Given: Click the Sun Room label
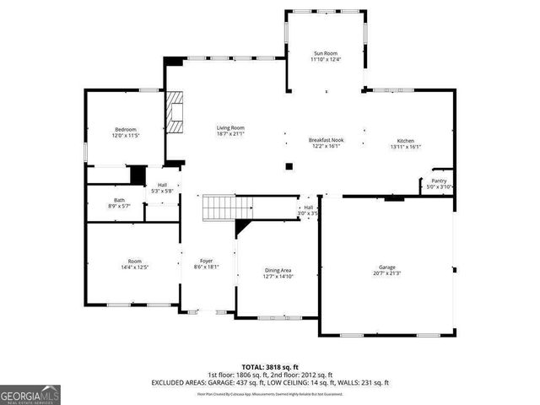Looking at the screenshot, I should [x=327, y=52].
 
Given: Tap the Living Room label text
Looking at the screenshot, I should [x=230, y=127].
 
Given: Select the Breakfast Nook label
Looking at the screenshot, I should [x=326, y=139].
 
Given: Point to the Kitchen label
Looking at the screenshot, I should [x=406, y=141].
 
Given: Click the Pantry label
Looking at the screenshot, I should [x=439, y=181].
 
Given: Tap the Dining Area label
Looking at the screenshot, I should [x=278, y=270].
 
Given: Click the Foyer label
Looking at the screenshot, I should [x=206, y=261].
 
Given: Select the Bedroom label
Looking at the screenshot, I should [x=125, y=129].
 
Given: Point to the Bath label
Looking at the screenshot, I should [x=119, y=199].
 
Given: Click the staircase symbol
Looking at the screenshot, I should [x=228, y=206].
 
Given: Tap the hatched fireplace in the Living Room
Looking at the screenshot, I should [x=175, y=112].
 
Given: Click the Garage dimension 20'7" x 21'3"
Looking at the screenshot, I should [x=386, y=273].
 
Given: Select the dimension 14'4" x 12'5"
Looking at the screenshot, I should [x=135, y=267].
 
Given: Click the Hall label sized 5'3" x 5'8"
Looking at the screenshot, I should [x=162, y=185].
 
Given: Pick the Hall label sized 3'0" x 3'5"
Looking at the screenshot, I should [x=309, y=208].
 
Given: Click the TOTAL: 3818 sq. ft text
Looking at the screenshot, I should [x=270, y=367].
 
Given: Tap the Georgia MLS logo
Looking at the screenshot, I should [x=30, y=395].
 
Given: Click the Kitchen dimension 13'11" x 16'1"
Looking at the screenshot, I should [x=406, y=147].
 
